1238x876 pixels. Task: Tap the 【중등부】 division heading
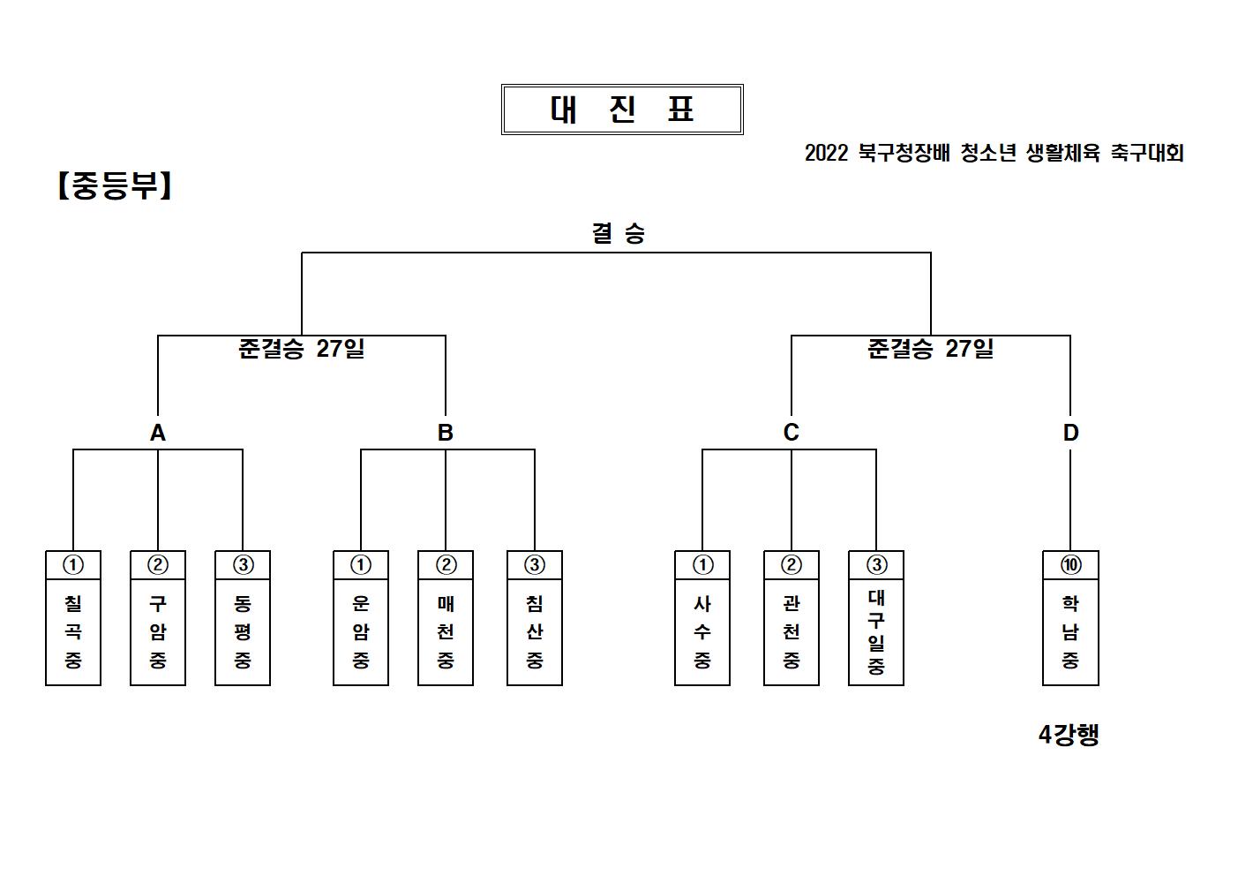[x=115, y=185]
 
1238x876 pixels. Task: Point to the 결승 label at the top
[x=619, y=233]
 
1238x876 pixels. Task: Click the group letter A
[x=158, y=433]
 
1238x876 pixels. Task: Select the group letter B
[x=446, y=433]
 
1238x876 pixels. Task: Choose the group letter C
[x=791, y=432]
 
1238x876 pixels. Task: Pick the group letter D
[x=1070, y=433]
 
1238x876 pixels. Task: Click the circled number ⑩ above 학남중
[x=1070, y=564]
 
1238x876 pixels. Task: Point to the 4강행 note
[x=1069, y=735]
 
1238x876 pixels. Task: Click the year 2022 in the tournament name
[x=826, y=153]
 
